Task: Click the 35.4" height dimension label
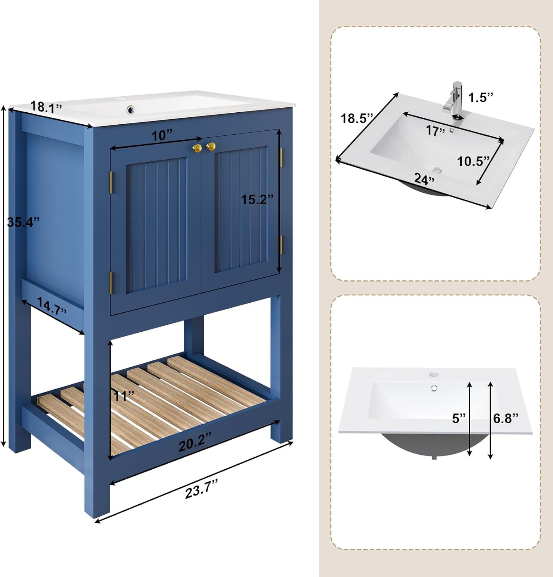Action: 23,222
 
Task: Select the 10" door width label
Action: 162,135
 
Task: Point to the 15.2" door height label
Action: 257,199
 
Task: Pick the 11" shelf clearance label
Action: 124,396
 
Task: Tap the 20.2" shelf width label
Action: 195,446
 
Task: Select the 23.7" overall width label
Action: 201,491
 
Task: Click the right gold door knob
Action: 211,146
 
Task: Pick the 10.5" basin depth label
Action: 473,161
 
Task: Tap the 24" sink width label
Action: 424,179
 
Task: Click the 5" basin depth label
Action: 459,418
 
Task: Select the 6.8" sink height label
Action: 506,418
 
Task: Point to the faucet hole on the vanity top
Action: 132,109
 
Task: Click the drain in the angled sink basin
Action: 437,169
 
